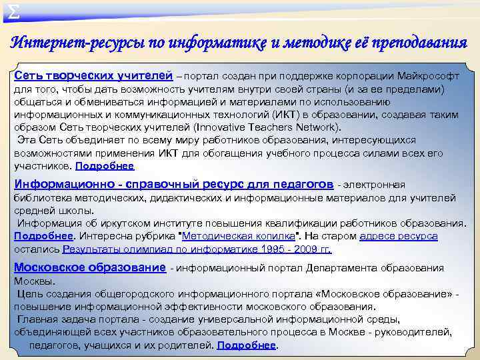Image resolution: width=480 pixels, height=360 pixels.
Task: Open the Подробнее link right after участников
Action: (105, 166)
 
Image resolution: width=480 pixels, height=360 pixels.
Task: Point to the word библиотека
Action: (41, 197)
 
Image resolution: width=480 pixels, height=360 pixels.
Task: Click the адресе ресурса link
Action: (399, 236)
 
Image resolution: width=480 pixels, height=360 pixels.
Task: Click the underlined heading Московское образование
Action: (89, 267)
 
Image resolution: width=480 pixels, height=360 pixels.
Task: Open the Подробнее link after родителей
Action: (247, 345)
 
